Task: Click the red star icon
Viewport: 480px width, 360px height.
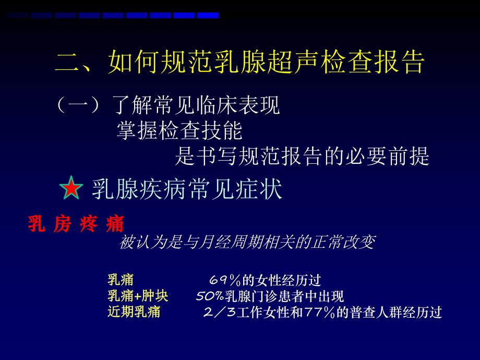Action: [x=71, y=188]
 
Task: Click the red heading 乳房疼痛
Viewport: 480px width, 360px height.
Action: [x=76, y=225]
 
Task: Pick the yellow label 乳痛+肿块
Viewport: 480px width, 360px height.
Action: [x=138, y=296]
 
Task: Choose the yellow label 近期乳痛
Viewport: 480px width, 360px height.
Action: [x=134, y=313]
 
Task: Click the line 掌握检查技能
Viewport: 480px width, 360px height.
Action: [x=179, y=131]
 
